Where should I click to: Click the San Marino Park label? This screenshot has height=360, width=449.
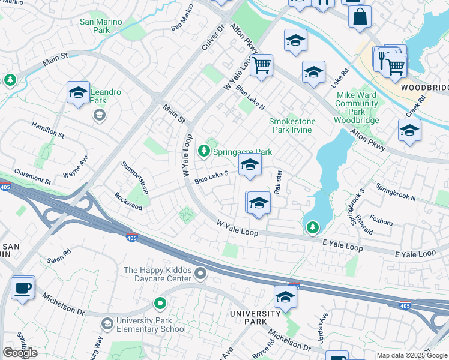(101, 26)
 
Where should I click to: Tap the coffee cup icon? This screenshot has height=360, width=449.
(23, 288)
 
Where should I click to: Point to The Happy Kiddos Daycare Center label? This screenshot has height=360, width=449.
(157, 274)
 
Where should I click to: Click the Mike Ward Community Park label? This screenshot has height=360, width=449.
(357, 103)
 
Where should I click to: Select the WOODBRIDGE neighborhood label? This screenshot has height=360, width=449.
(424, 88)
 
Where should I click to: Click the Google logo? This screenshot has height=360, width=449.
(20, 352)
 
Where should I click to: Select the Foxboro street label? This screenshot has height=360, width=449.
(381, 222)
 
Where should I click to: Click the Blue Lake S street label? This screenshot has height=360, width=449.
(211, 176)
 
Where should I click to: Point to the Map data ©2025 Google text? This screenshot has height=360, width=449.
(411, 355)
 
